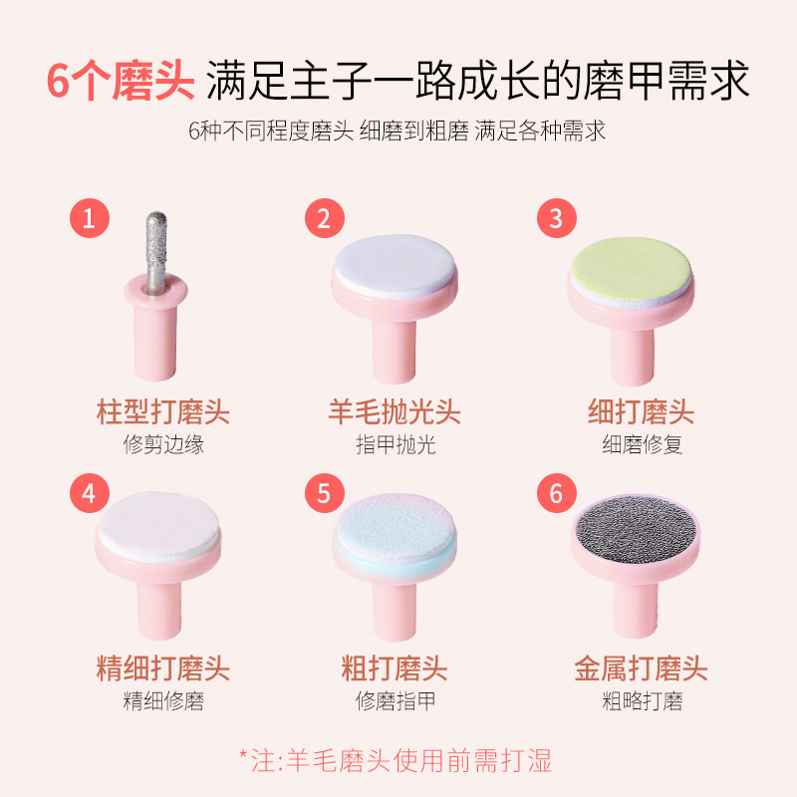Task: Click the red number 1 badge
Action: tap(90, 218)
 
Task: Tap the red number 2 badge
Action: tap(325, 218)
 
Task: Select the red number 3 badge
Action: tap(557, 218)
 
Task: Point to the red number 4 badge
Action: tap(90, 493)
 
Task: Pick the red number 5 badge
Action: tap(325, 493)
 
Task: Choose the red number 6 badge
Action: tap(557, 493)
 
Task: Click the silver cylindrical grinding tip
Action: tap(156, 252)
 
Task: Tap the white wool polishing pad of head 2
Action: tap(395, 264)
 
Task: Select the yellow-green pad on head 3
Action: tap(631, 269)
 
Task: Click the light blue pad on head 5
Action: tap(395, 527)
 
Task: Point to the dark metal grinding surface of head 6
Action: tap(635, 529)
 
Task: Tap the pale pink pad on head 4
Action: tap(158, 524)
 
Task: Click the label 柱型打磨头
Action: tap(163, 411)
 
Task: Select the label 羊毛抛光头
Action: tap(395, 411)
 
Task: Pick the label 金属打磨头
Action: tap(641, 667)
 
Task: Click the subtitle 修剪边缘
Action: tap(163, 444)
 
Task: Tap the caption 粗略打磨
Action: tap(642, 701)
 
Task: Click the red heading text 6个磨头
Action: tap(121, 81)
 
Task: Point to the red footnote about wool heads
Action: tap(396, 761)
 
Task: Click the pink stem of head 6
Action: tap(636, 609)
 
